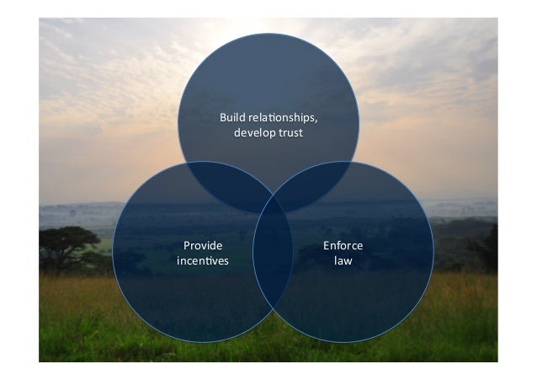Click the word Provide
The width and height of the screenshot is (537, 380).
coord(202,245)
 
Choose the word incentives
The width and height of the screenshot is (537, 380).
coord(202,260)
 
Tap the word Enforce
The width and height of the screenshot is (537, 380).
coord(343,245)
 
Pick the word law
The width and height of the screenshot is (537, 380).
coord(343,260)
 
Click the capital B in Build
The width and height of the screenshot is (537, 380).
coord(223,118)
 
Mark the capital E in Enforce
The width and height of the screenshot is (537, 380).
coord(327,245)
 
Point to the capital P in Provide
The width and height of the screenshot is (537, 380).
coord(187,245)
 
